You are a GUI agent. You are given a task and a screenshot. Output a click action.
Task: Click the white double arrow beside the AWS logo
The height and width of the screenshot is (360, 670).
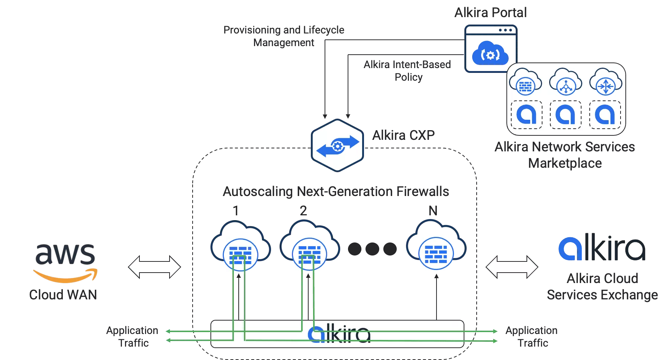(x=154, y=267)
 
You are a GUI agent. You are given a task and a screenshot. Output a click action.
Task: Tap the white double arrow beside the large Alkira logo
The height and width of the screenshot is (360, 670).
(x=512, y=267)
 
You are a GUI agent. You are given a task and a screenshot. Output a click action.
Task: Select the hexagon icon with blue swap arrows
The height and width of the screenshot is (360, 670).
(x=337, y=145)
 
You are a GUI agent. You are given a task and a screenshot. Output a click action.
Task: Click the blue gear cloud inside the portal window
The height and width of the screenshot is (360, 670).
(x=490, y=54)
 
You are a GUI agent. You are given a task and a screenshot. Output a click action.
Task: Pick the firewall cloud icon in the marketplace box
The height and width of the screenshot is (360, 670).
(x=525, y=83)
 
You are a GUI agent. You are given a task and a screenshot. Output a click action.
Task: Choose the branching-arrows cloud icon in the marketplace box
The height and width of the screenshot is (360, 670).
(x=566, y=83)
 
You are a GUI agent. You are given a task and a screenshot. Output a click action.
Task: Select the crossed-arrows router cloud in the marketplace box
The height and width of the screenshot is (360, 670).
(x=606, y=83)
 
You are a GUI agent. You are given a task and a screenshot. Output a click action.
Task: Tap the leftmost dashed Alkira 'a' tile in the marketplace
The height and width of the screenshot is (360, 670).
(x=526, y=115)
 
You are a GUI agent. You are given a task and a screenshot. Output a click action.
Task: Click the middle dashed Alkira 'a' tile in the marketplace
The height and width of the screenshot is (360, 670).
(x=565, y=115)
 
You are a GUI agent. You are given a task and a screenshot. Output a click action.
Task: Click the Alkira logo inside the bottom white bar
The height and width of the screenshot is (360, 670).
(x=339, y=334)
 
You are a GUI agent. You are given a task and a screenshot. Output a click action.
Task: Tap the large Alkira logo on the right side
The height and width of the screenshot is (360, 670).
(x=601, y=248)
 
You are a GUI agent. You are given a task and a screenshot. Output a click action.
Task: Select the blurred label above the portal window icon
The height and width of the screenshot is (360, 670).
(x=489, y=12)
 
